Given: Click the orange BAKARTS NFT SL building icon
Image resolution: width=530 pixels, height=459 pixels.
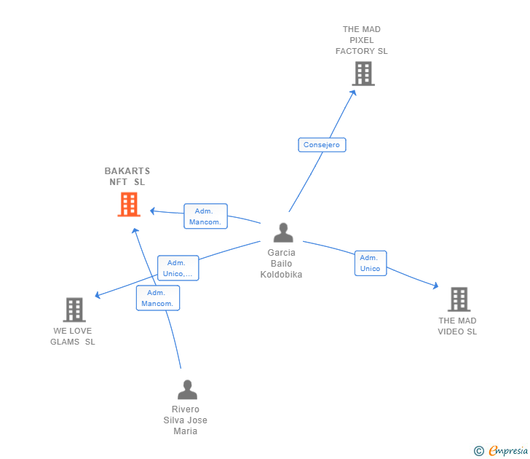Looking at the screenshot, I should [x=129, y=205].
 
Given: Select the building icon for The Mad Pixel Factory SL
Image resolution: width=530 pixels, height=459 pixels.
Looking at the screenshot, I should [x=363, y=74].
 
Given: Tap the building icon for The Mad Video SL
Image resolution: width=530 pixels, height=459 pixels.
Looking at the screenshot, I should [x=458, y=299].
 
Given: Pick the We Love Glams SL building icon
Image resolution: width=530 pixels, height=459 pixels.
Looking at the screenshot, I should [x=74, y=310].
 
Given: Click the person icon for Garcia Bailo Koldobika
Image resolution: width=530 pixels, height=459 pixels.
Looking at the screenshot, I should [x=282, y=232].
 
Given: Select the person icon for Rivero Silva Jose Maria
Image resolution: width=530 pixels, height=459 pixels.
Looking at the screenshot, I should [x=187, y=390].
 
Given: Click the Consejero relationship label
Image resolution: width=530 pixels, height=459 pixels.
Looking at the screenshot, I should [x=322, y=145].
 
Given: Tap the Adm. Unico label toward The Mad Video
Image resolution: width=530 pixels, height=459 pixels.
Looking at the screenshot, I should [x=370, y=263].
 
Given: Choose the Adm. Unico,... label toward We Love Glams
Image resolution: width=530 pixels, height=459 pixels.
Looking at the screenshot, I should [x=178, y=268].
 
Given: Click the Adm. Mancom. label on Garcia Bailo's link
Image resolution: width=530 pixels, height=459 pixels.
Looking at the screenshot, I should [x=205, y=216].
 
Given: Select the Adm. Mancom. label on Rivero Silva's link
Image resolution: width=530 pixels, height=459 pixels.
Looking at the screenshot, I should [x=157, y=298].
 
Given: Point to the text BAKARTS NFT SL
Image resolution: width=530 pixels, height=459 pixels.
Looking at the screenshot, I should [x=127, y=176].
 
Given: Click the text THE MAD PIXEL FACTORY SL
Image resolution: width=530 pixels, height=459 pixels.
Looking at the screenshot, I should [x=362, y=41].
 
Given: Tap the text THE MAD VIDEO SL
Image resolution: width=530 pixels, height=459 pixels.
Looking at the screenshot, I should [x=457, y=326].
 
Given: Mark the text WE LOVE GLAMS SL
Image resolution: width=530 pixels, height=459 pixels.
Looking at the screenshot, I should [x=73, y=337].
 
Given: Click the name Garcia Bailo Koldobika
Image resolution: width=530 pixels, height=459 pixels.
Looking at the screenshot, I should [x=281, y=264].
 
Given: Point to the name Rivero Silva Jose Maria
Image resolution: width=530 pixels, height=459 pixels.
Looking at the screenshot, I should [x=186, y=420].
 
